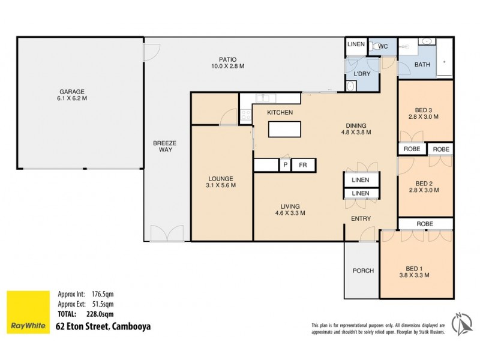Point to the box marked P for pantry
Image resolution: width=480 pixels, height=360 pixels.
pos(286,164)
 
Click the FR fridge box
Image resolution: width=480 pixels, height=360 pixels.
pos(303,164)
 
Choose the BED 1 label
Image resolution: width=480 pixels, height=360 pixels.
pos(417,271)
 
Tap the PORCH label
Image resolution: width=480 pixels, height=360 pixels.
pos(363,271)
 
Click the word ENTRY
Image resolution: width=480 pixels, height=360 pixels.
pos(361,218)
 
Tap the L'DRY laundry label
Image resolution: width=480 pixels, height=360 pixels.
pos(361,74)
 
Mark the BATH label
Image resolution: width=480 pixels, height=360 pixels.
pos(422,65)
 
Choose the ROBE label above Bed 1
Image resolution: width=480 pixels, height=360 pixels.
pos(424,223)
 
